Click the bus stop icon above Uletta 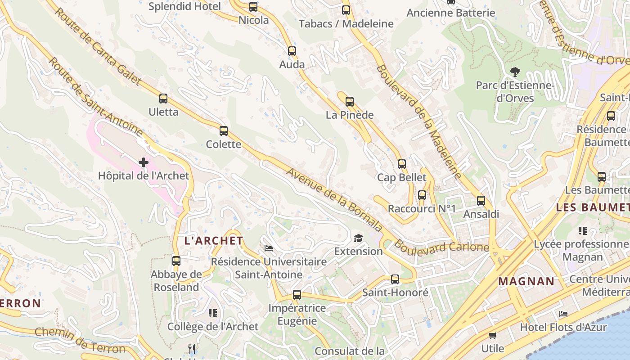(163, 99)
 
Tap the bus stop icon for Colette (224, 131)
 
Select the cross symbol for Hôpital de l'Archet (144, 162)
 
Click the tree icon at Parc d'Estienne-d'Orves (515, 72)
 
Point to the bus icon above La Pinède (350, 102)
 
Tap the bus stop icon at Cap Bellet (402, 164)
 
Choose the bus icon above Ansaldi (481, 201)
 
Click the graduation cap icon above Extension (358, 238)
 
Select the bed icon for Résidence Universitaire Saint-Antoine (269, 248)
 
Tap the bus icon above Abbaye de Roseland (176, 261)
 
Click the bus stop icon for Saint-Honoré (395, 279)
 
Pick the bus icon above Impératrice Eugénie (297, 295)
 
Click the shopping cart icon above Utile (493, 335)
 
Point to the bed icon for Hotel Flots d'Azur (563, 314)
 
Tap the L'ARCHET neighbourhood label (214, 241)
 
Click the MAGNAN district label (526, 282)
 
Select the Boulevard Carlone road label (442, 248)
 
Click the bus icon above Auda (292, 51)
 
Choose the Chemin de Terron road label (80, 340)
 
